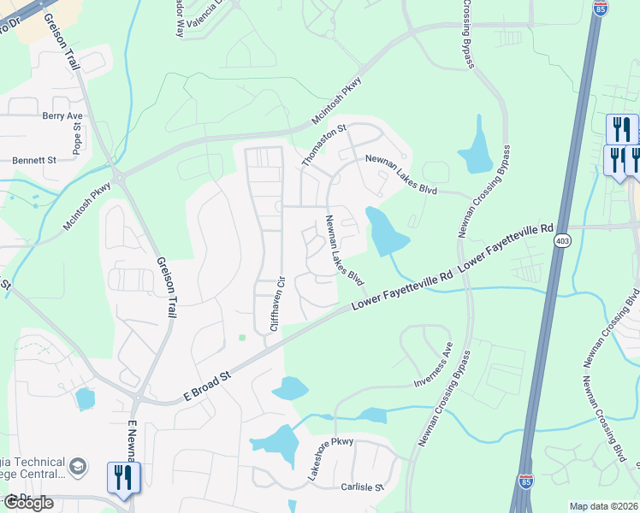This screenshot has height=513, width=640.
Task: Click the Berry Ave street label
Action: click(62, 115)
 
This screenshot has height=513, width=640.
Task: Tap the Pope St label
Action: click(77, 138)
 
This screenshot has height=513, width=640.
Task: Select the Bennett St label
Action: click(34, 160)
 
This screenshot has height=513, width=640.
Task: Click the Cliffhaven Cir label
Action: click(275, 304)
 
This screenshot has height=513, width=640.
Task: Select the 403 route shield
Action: click(562, 242)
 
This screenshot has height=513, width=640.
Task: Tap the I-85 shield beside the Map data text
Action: click(525, 484)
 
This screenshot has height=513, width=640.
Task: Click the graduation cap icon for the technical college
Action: click(78, 467)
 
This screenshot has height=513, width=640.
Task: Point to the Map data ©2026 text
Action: click(603, 506)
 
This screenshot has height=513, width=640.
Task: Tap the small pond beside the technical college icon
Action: click(85, 398)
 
